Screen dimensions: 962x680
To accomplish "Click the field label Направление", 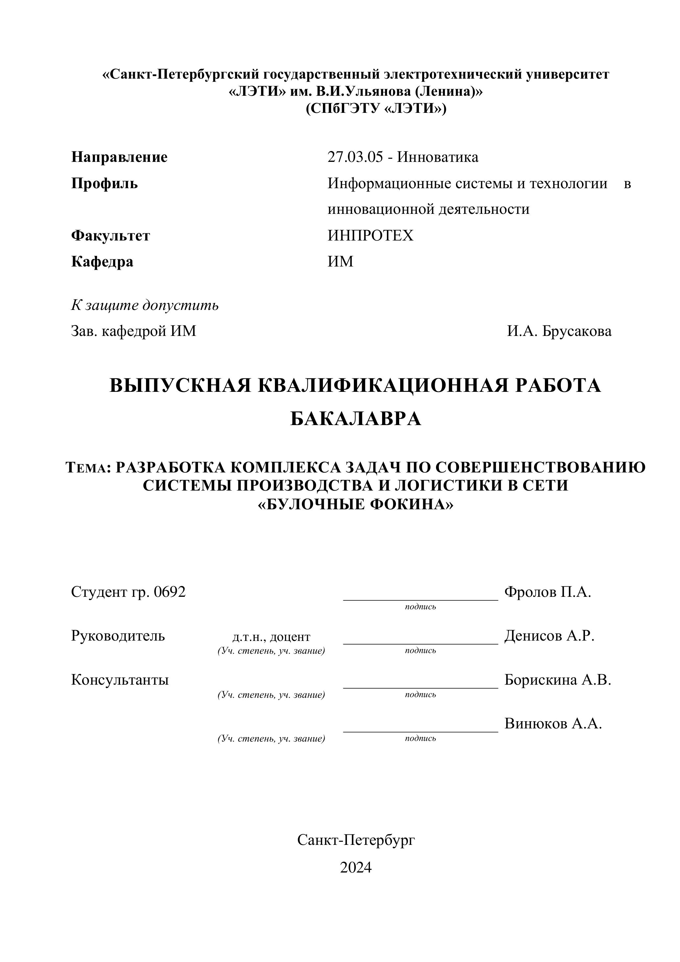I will coord(119,157).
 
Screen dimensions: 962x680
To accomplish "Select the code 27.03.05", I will coord(355,157).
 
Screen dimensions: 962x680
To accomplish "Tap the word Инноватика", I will coord(438,157).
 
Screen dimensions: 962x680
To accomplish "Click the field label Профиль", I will coord(104,184).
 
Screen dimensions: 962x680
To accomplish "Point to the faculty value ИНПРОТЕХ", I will coord(370,236).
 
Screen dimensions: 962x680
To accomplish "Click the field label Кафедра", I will coord(102,262).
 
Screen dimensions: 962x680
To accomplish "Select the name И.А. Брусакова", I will coord(559,331).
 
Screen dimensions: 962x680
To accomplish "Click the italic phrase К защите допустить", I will coord(145,305).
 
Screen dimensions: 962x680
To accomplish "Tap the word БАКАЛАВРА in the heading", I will coord(355,418).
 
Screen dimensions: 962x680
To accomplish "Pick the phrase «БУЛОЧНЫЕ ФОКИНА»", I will coord(355,504).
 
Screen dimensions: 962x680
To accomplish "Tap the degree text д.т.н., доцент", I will coord(271,637).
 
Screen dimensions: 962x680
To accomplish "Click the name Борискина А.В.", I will coord(558,680).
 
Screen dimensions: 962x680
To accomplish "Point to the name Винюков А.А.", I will coord(553,723).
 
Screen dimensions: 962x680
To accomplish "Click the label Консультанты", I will coord(120,680).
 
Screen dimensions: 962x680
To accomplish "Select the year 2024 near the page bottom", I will coord(355,867).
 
